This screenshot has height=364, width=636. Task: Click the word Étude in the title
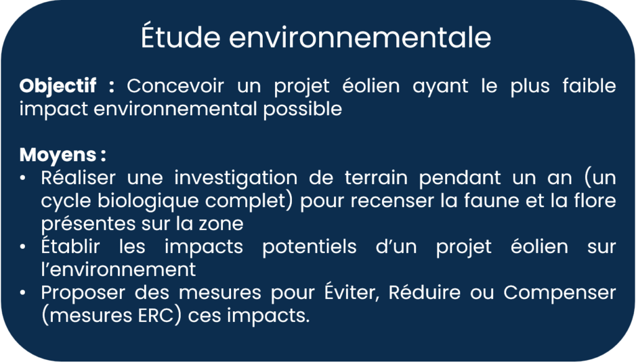(181, 37)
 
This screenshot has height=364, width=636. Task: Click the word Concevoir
(175, 86)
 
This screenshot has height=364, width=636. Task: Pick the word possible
(302, 109)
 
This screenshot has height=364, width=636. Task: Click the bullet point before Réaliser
(23, 178)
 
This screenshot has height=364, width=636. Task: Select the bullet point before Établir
(23, 247)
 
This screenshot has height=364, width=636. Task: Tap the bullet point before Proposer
(23, 292)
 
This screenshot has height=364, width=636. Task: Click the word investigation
(235, 179)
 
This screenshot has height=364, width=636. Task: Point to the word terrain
(376, 178)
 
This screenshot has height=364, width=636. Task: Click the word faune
(491, 202)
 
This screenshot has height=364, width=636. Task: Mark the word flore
(597, 202)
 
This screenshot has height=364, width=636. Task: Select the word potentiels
(309, 247)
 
